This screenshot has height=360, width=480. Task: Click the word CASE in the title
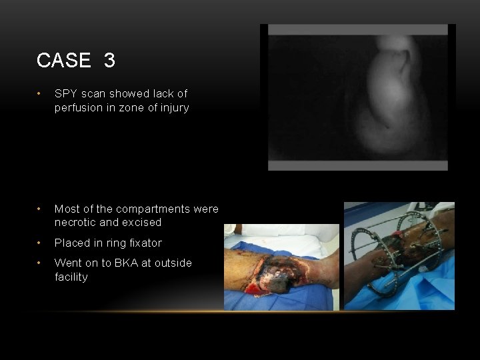click(x=63, y=61)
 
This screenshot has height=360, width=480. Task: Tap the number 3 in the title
click(x=109, y=61)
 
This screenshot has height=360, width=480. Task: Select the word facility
click(x=71, y=277)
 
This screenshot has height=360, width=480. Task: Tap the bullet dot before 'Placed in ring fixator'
click(x=41, y=243)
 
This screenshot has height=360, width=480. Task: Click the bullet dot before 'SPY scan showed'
click(x=41, y=93)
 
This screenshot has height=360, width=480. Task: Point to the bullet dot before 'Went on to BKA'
click(x=41, y=263)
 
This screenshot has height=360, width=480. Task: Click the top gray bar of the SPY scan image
click(x=357, y=30)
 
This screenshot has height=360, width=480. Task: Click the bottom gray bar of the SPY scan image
click(x=357, y=165)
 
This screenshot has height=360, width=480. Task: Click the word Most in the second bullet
click(x=67, y=209)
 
